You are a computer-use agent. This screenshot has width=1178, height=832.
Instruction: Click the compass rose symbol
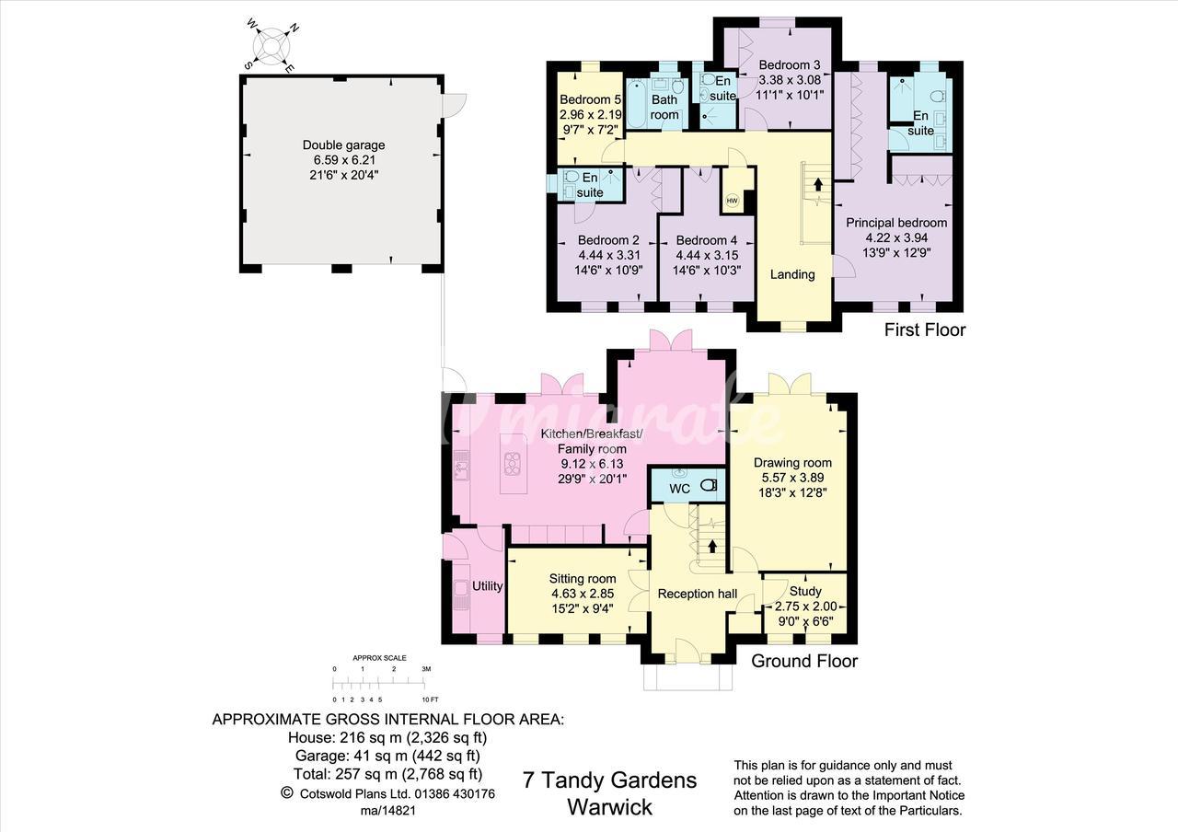[x=271, y=46]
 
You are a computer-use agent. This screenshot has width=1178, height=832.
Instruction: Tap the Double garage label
[x=344, y=145]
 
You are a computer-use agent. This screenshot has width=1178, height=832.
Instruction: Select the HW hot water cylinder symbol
[x=732, y=201]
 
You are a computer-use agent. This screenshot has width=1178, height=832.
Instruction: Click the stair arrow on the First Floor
[x=818, y=185]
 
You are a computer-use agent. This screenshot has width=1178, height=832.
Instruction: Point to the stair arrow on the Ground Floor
[x=712, y=546]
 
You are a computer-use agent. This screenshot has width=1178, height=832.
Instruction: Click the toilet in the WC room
[x=710, y=485]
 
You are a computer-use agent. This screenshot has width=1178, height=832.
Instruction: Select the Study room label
[x=805, y=591]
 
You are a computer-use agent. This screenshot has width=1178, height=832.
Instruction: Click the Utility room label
[x=487, y=586]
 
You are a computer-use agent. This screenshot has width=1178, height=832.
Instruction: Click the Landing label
[x=792, y=274]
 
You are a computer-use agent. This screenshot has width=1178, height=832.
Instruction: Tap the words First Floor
[x=925, y=329]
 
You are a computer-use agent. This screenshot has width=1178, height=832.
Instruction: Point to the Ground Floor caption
[x=804, y=661]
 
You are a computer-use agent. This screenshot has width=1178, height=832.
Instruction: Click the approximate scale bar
[x=378, y=684]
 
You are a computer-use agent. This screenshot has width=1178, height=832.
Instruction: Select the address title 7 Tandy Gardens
[x=609, y=780]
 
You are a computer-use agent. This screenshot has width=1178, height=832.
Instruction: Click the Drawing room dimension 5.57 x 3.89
[x=792, y=478]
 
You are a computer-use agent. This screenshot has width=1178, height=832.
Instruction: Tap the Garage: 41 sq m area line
[x=387, y=756]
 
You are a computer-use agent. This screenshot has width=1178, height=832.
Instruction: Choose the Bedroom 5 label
[x=591, y=99]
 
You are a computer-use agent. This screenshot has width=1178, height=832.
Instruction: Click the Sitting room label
[x=583, y=579]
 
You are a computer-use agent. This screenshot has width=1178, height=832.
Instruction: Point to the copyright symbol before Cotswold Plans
[x=286, y=792]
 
